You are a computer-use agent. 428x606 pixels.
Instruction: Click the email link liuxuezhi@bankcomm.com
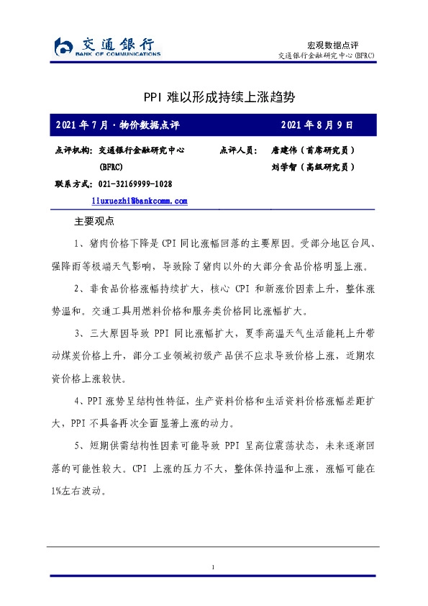pyautogui.click(x=140, y=202)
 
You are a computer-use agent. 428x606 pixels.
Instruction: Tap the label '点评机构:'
pyautogui.click(x=73, y=150)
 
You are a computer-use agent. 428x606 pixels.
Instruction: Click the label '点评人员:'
pyautogui.click(x=237, y=150)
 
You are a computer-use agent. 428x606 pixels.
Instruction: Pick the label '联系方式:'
pyautogui.click(x=73, y=184)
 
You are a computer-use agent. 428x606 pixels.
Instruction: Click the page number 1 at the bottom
pyautogui.click(x=214, y=569)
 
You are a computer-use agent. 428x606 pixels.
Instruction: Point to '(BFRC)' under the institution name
pyautogui.click(x=111, y=167)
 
